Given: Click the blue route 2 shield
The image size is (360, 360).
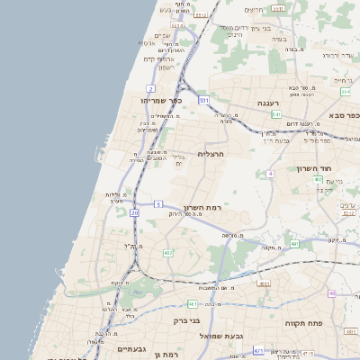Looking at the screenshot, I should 151,88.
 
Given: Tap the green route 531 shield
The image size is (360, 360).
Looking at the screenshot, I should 204,100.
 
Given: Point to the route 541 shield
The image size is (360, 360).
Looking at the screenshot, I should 276,114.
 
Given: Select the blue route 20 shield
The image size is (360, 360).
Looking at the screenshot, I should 134,213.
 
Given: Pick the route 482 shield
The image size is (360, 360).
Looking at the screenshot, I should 167,253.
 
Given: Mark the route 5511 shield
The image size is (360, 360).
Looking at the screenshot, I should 278,8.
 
